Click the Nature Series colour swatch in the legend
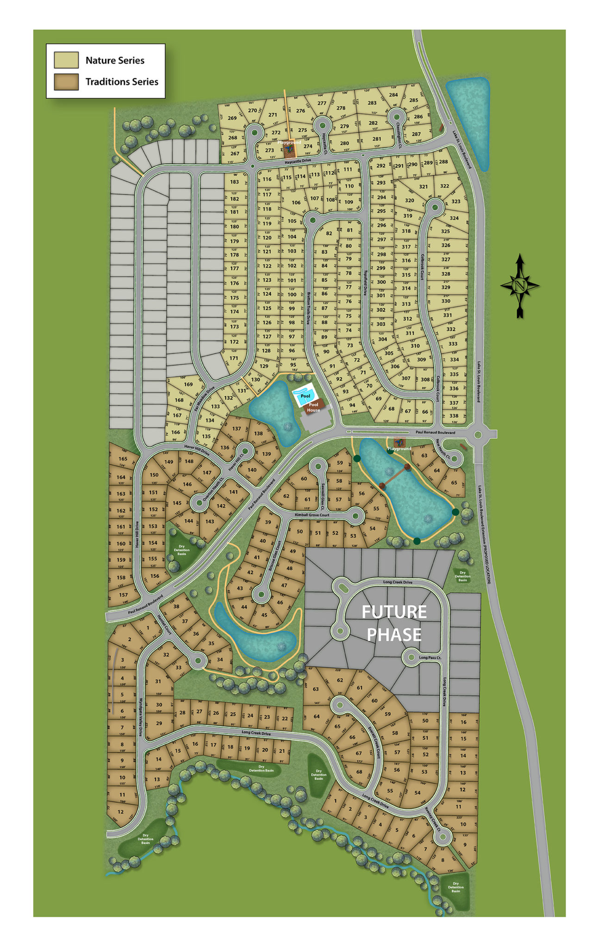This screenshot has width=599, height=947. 66,60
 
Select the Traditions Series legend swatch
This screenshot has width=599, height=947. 66,82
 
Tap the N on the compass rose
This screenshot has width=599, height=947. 520,286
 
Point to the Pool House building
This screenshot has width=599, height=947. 313,407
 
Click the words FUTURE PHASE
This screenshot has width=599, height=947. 394,623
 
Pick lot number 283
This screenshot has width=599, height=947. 372,103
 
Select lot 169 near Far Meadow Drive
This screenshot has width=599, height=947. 188,384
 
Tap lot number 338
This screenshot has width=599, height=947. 454,416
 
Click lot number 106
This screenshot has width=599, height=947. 296,203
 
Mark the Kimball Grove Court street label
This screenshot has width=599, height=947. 312,515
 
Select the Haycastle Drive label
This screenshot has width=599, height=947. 298,161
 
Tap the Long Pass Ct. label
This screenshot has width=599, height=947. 430,657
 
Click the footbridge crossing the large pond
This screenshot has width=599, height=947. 395,476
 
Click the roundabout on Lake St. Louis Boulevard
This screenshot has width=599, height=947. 479,434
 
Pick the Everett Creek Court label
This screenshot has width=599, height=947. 374,742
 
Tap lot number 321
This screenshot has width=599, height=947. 423,187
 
